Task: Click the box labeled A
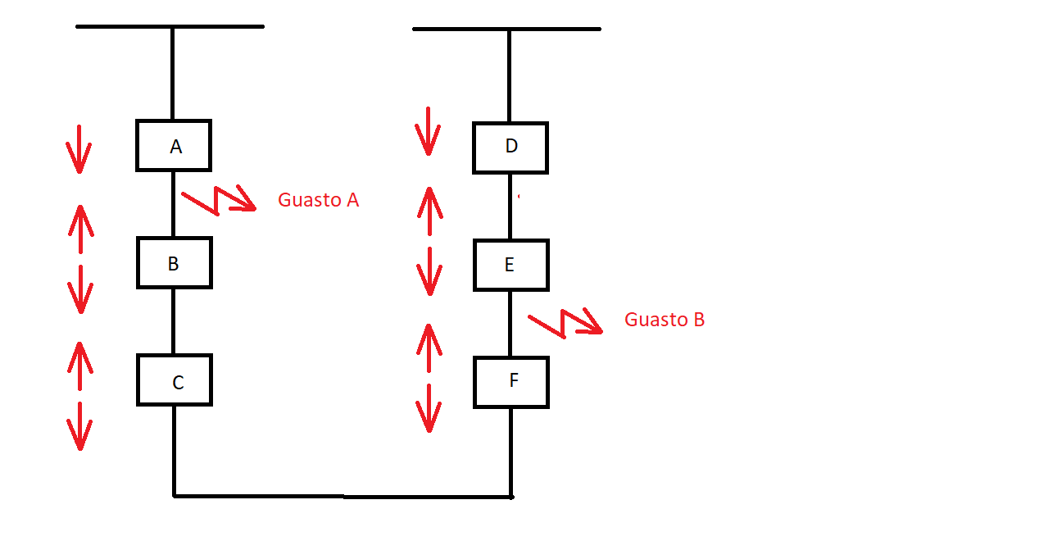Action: point(174,146)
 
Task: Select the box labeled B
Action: point(175,263)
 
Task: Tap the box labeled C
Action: point(175,380)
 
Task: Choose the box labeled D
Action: point(510,148)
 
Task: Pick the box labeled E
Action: point(511,266)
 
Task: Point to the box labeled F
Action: point(511,383)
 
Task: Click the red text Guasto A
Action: point(318,200)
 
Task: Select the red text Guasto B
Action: point(665,320)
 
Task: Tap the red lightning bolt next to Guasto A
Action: point(219,200)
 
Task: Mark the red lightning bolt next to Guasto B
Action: point(565,323)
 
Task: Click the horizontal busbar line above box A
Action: point(170,27)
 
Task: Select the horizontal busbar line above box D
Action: point(507,30)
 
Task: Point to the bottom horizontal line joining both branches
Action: point(343,497)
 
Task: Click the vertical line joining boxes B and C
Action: point(174,321)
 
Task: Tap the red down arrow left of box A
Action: point(79,149)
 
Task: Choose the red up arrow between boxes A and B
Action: point(81,230)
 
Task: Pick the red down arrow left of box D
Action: point(428,132)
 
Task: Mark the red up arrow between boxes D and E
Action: point(430,211)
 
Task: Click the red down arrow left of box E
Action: point(429,271)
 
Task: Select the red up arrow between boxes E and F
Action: point(429,348)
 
